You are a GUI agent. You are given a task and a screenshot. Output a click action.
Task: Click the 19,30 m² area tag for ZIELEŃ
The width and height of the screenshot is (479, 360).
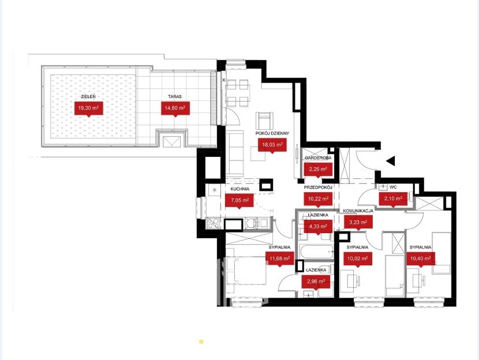tap(89, 108)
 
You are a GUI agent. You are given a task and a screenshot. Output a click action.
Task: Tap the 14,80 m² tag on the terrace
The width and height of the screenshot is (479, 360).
tap(175, 108)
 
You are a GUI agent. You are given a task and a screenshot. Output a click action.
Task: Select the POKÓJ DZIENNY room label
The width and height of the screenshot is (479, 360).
tap(272, 133)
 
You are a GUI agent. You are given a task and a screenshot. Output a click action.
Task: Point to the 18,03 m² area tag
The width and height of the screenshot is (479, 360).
tap(272, 145)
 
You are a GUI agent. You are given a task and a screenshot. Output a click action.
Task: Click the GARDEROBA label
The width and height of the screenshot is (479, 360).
tap(318, 158)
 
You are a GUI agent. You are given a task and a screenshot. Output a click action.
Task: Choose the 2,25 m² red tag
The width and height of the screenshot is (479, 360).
tap(318, 170)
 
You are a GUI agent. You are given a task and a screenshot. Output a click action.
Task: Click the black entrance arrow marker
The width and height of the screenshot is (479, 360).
tap(391, 160)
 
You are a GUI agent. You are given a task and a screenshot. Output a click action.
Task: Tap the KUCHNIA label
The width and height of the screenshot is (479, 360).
tap(240, 189)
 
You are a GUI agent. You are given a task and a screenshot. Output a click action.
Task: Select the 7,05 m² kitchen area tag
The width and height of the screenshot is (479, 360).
tap(240, 201)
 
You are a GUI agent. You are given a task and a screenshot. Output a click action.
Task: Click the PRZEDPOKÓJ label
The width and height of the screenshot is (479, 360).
tap(318, 187)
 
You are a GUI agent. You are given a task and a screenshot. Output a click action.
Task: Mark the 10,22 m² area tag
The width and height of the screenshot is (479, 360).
tap(318, 199)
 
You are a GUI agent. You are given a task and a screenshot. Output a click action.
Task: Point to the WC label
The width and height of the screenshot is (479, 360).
tap(393, 187)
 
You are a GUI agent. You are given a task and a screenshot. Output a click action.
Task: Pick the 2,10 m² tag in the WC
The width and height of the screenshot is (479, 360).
tap(393, 199)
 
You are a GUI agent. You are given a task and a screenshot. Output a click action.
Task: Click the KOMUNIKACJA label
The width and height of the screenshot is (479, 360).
tap(358, 211)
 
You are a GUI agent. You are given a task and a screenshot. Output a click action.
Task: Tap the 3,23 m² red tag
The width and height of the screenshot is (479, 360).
tap(358, 223)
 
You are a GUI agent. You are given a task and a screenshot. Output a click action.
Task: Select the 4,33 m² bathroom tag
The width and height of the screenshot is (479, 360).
tap(318, 227)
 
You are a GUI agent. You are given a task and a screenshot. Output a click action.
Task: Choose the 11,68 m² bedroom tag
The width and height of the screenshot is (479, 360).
tap(279, 259)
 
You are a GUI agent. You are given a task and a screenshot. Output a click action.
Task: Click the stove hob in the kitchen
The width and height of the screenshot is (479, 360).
tap(213, 223)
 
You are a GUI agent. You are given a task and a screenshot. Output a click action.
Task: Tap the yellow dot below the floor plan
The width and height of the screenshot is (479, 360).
tap(201, 342)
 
